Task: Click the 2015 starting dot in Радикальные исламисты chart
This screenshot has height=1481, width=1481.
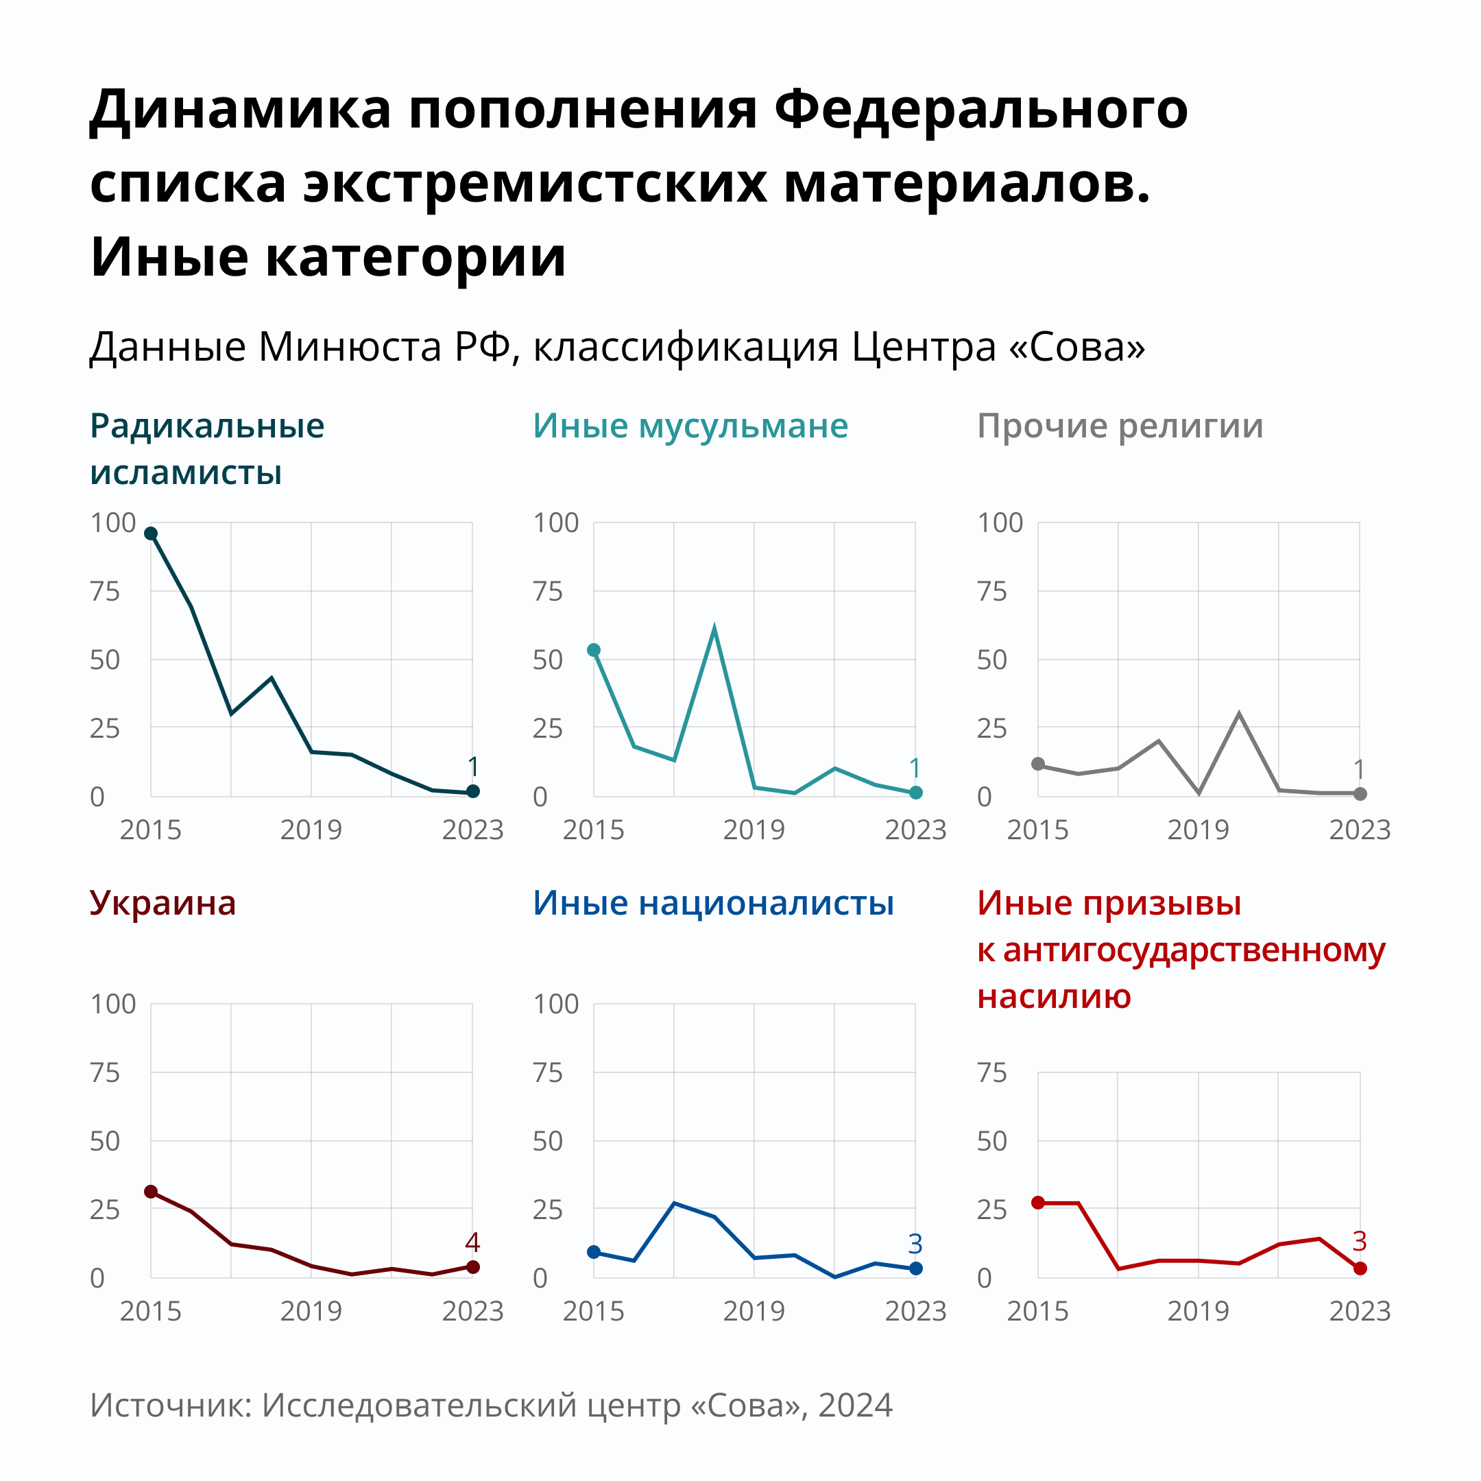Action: [x=151, y=533]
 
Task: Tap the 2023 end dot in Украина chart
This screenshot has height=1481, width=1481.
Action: [x=473, y=1267]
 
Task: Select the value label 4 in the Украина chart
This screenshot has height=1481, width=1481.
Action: [x=472, y=1242]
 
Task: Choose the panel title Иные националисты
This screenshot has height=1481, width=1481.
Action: [x=713, y=903]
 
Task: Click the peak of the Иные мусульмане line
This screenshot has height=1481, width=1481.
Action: [x=714, y=630]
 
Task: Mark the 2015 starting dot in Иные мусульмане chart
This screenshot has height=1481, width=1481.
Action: [x=593, y=650]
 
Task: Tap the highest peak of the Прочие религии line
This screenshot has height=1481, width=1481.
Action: [x=1239, y=714]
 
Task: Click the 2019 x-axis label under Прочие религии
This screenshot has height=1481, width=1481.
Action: [x=1198, y=830]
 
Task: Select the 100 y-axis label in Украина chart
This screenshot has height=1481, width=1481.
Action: [x=112, y=1004]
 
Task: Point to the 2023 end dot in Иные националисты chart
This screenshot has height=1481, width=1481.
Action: [x=916, y=1268]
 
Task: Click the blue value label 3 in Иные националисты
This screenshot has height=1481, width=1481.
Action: [x=915, y=1243]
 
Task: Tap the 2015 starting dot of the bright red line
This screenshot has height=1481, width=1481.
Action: [x=1038, y=1203]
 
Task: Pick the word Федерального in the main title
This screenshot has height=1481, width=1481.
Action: [x=981, y=109]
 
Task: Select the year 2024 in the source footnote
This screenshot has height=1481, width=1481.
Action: [x=856, y=1405]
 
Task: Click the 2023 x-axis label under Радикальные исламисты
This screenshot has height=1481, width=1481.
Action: [x=472, y=830]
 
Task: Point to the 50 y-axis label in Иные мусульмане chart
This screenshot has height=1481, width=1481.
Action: [x=547, y=660]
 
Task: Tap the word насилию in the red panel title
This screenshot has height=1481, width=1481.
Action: [x=1054, y=996]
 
